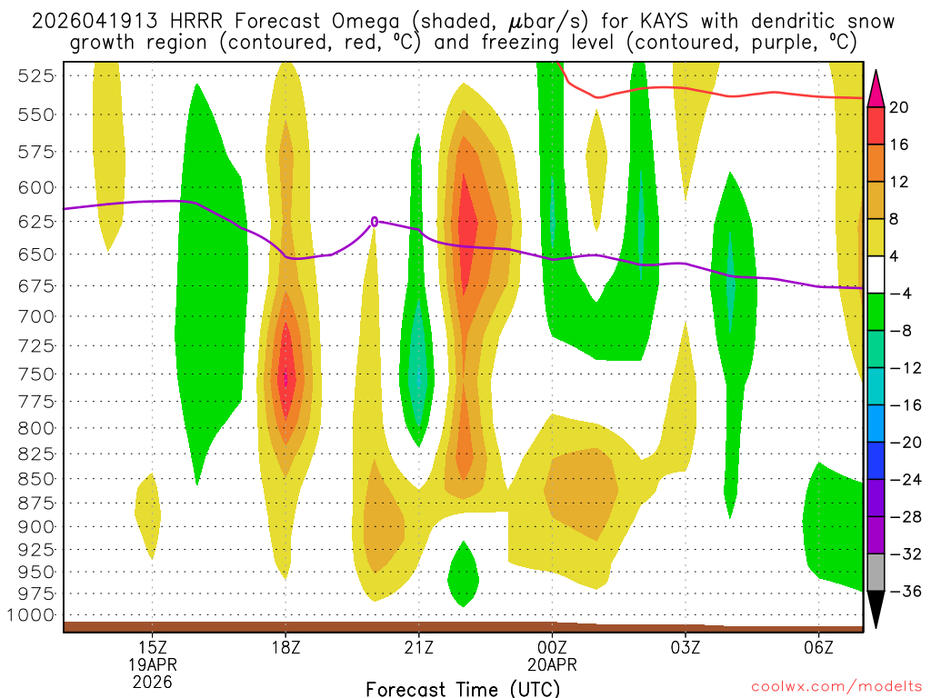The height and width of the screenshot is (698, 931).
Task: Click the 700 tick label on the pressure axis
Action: (36, 316)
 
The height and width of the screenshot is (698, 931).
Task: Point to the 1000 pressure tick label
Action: (33, 615)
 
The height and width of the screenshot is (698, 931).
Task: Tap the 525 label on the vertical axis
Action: (36, 76)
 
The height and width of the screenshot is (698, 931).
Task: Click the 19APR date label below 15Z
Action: (152, 664)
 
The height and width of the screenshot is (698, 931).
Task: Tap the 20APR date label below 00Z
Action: (552, 664)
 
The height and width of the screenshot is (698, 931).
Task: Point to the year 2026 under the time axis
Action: (152, 681)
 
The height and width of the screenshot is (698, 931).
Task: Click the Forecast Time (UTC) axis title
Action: (463, 688)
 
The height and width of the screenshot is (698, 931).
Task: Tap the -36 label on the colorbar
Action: (899, 592)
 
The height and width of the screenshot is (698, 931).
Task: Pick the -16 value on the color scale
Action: (899, 405)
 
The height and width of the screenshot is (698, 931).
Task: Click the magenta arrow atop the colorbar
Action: (876, 87)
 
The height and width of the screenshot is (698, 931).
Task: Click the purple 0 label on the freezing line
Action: (374, 221)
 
